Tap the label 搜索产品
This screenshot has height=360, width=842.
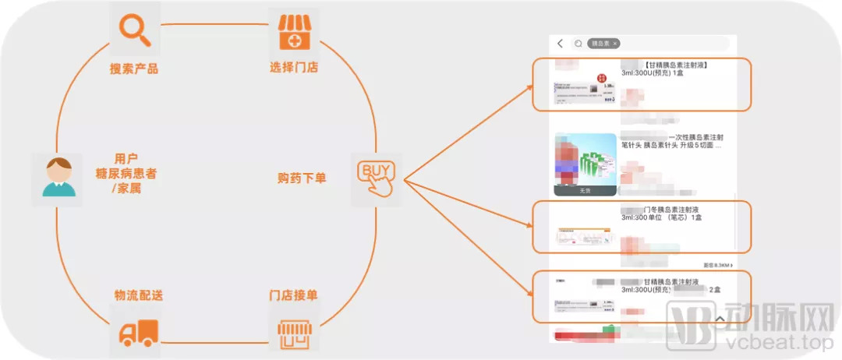click(x=134, y=69)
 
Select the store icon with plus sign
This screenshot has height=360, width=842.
click(x=294, y=32)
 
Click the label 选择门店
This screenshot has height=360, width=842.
click(x=294, y=68)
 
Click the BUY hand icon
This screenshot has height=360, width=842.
click(x=376, y=177)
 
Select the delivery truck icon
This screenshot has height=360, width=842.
click(x=138, y=333)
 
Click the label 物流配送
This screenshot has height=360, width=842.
click(x=139, y=295)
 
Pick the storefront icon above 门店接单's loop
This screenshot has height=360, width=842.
click(x=294, y=333)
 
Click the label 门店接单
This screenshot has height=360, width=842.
click(x=293, y=295)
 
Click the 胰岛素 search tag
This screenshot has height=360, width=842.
click(x=604, y=44)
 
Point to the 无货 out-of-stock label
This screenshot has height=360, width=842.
click(x=585, y=190)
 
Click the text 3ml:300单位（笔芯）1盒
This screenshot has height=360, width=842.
click(x=661, y=218)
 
